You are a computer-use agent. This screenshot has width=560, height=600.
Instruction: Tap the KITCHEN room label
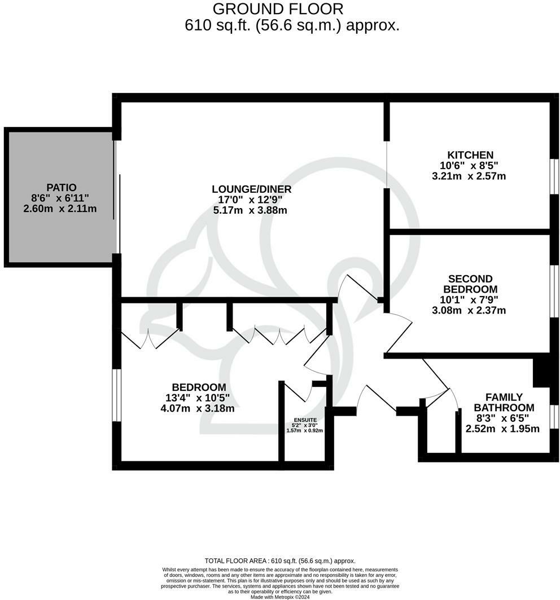(470, 155)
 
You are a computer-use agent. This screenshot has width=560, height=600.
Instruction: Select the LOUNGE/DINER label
(252, 189)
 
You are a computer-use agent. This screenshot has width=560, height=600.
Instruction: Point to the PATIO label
(62, 187)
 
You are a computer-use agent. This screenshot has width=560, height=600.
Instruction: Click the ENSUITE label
(305, 421)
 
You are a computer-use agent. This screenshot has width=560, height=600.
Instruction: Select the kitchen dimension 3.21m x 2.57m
(469, 176)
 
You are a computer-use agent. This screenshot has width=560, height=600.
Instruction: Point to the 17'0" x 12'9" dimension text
(252, 200)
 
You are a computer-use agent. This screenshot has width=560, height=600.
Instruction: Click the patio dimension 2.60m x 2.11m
(60, 209)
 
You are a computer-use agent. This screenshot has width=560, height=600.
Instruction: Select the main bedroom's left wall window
(116, 395)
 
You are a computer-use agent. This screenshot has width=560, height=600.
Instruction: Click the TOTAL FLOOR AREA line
(280, 561)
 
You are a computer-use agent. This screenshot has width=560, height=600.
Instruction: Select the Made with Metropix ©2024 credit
(280, 597)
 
